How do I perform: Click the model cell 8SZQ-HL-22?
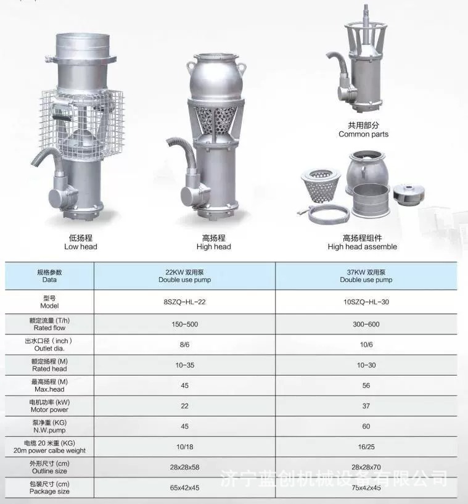[x=185, y=302]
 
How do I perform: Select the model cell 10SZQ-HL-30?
[x=366, y=302]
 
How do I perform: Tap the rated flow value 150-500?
[x=185, y=324]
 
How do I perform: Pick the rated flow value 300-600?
[x=366, y=324]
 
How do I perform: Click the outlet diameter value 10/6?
[x=366, y=345]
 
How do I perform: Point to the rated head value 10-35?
[x=185, y=365]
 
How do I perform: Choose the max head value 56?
[x=366, y=386]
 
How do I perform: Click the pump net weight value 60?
[x=366, y=426]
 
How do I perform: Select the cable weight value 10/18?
[x=185, y=447]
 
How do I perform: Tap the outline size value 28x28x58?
[x=185, y=467]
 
